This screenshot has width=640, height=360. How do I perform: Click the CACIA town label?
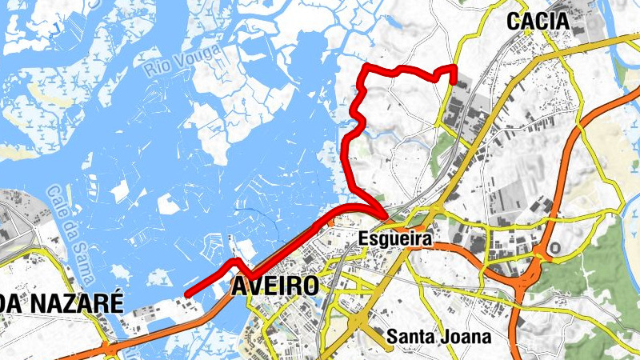(538, 22)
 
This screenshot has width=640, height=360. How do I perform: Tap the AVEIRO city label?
(274, 286)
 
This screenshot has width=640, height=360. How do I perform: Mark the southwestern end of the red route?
(186, 295)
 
